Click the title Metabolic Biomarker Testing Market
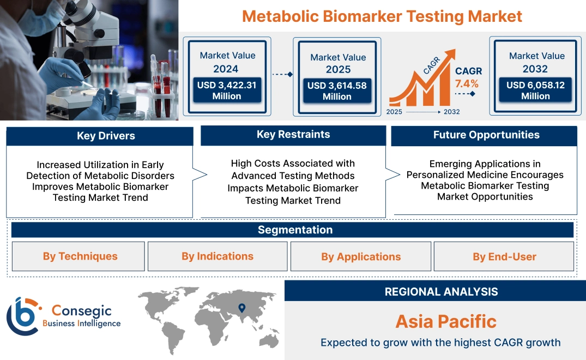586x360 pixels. click(x=382, y=16)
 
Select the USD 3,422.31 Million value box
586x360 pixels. click(x=227, y=91)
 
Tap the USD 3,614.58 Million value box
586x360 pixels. click(x=337, y=91)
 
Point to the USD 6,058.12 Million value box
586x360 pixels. click(x=535, y=91)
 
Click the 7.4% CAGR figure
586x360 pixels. click(x=467, y=83)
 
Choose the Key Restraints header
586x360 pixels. click(x=293, y=135)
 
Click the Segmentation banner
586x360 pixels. click(x=295, y=230)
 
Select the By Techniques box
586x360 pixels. click(x=80, y=256)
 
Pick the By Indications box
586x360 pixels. click(x=218, y=256)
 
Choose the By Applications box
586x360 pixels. click(x=361, y=256)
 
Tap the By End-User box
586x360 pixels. click(x=504, y=256)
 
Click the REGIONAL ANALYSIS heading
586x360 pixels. click(x=441, y=291)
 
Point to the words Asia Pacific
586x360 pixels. click(x=446, y=321)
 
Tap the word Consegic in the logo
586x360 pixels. click(x=81, y=311)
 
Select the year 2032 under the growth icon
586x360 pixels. click(x=452, y=112)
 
